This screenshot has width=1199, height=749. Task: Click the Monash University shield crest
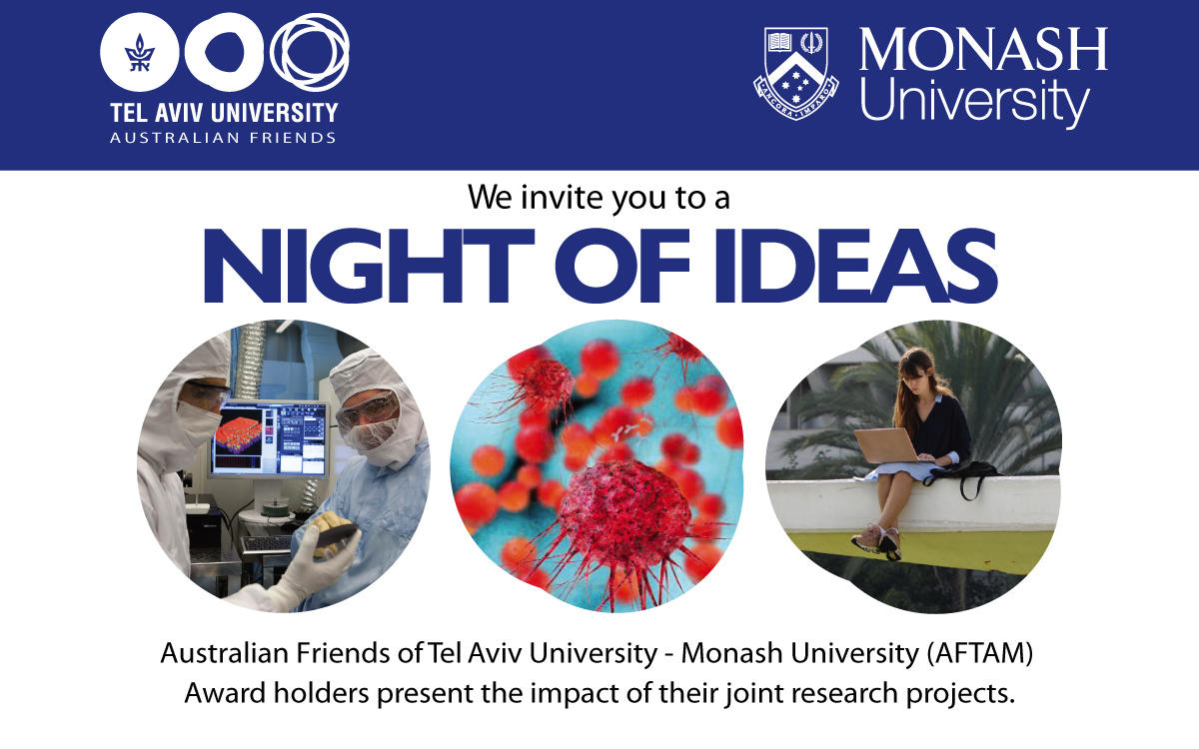[796, 73]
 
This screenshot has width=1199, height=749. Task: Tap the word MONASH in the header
[983, 49]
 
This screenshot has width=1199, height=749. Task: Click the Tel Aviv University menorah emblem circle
[140, 52]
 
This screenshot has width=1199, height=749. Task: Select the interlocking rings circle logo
[310, 52]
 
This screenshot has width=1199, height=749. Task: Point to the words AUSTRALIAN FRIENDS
[223, 138]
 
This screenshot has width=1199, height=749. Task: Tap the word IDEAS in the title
[855, 266]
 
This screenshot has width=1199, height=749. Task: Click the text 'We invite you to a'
[599, 197]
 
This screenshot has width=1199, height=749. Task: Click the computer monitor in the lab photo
[269, 438]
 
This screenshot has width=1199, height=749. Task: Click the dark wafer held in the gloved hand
[335, 534]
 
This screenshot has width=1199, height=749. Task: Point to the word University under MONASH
[975, 102]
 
